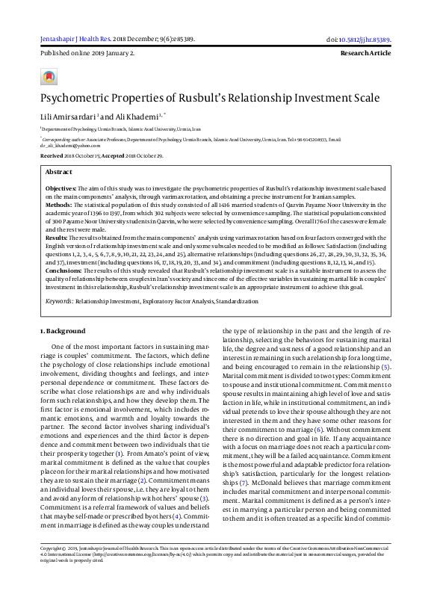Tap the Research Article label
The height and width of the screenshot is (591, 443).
point(365,54)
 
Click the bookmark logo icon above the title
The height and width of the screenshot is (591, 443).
point(49,77)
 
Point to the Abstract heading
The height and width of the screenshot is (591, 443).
point(59,172)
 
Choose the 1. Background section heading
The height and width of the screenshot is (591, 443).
point(62,331)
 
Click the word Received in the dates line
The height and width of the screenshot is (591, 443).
point(52,155)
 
